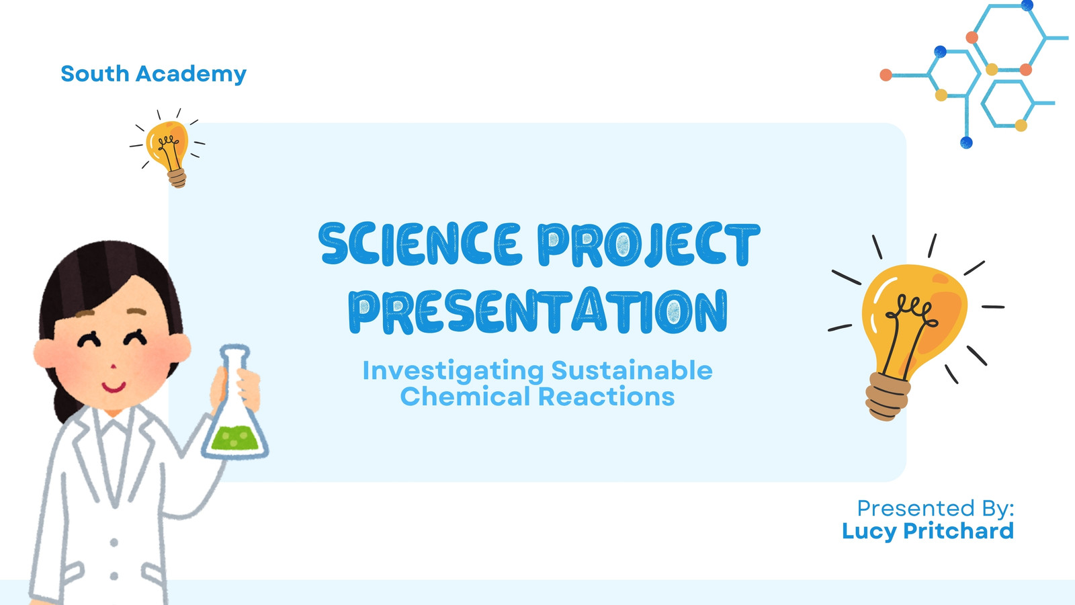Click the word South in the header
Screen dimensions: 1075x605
[x=95, y=73]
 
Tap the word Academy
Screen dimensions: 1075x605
[x=191, y=75]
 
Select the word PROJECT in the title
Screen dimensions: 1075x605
[x=649, y=244]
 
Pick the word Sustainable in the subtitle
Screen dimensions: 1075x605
[x=632, y=370]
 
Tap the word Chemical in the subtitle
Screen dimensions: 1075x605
[x=465, y=397]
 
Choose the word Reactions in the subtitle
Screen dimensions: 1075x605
[x=606, y=397]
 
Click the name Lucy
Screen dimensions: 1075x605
[x=869, y=532]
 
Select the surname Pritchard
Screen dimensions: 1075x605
[x=958, y=530]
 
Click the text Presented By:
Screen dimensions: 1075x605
[x=935, y=508]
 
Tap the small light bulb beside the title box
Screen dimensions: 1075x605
[x=167, y=148]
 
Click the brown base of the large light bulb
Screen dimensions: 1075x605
[x=888, y=397]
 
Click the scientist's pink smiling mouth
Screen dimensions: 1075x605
[x=114, y=387]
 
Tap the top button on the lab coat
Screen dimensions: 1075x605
[x=114, y=542]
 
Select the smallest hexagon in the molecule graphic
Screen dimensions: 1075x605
[x=1007, y=104]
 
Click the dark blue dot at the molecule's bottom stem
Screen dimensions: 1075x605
[x=966, y=143]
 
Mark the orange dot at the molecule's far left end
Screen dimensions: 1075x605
[x=886, y=75]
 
